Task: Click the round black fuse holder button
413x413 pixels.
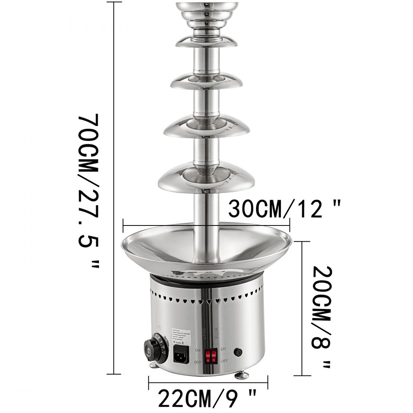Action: [238, 352]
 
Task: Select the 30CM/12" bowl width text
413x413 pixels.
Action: [285, 209]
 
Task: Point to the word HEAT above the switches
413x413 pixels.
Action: [204, 333]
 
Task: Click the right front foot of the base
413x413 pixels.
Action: [242, 375]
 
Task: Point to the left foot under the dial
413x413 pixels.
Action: [153, 365]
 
